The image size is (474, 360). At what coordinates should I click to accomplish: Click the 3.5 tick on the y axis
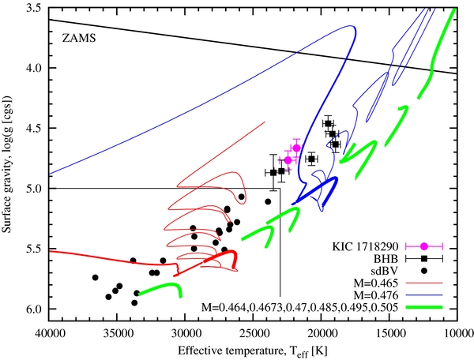click(x=35, y=8)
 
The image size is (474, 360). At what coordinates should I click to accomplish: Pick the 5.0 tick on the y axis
click(x=35, y=188)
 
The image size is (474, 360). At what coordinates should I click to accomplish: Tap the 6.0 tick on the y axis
click(x=35, y=309)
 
